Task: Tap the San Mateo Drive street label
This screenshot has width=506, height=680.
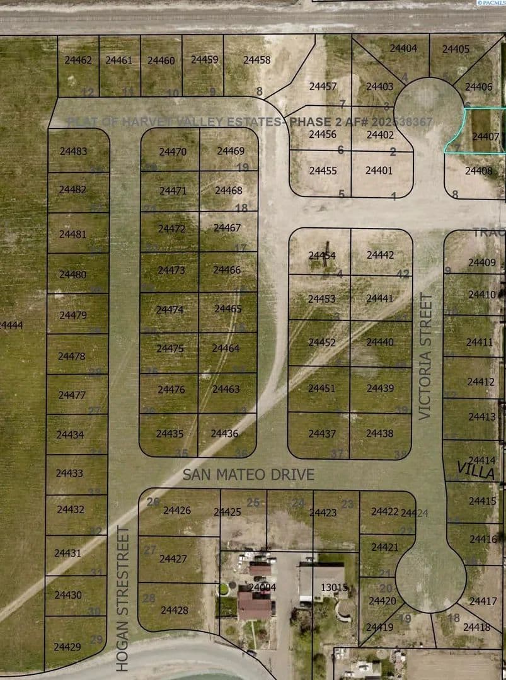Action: [x=248, y=475]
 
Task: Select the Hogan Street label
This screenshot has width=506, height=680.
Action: [x=123, y=598]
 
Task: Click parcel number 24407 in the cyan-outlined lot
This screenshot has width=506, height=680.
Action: [x=485, y=137]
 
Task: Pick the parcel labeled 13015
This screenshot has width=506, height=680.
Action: [x=334, y=587]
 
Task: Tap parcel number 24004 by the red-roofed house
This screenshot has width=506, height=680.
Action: [x=262, y=587]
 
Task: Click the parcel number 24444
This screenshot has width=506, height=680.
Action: [x=11, y=325]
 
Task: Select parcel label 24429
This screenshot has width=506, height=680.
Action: [x=67, y=647]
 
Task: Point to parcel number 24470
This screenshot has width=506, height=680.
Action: [x=173, y=152]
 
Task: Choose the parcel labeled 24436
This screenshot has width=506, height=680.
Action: [x=224, y=433]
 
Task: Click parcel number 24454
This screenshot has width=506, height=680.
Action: [x=322, y=255]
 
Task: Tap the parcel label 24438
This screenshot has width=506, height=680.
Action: [x=379, y=433]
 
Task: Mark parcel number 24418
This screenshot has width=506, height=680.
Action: [x=476, y=627]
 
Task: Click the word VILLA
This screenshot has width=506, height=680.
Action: [x=476, y=471]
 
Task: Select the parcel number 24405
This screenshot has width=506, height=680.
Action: [x=456, y=48]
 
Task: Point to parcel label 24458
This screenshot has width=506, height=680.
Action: [x=256, y=60]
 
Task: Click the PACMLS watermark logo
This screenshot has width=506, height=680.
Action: [x=488, y=4]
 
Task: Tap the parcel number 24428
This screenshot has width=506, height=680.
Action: [x=175, y=609]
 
